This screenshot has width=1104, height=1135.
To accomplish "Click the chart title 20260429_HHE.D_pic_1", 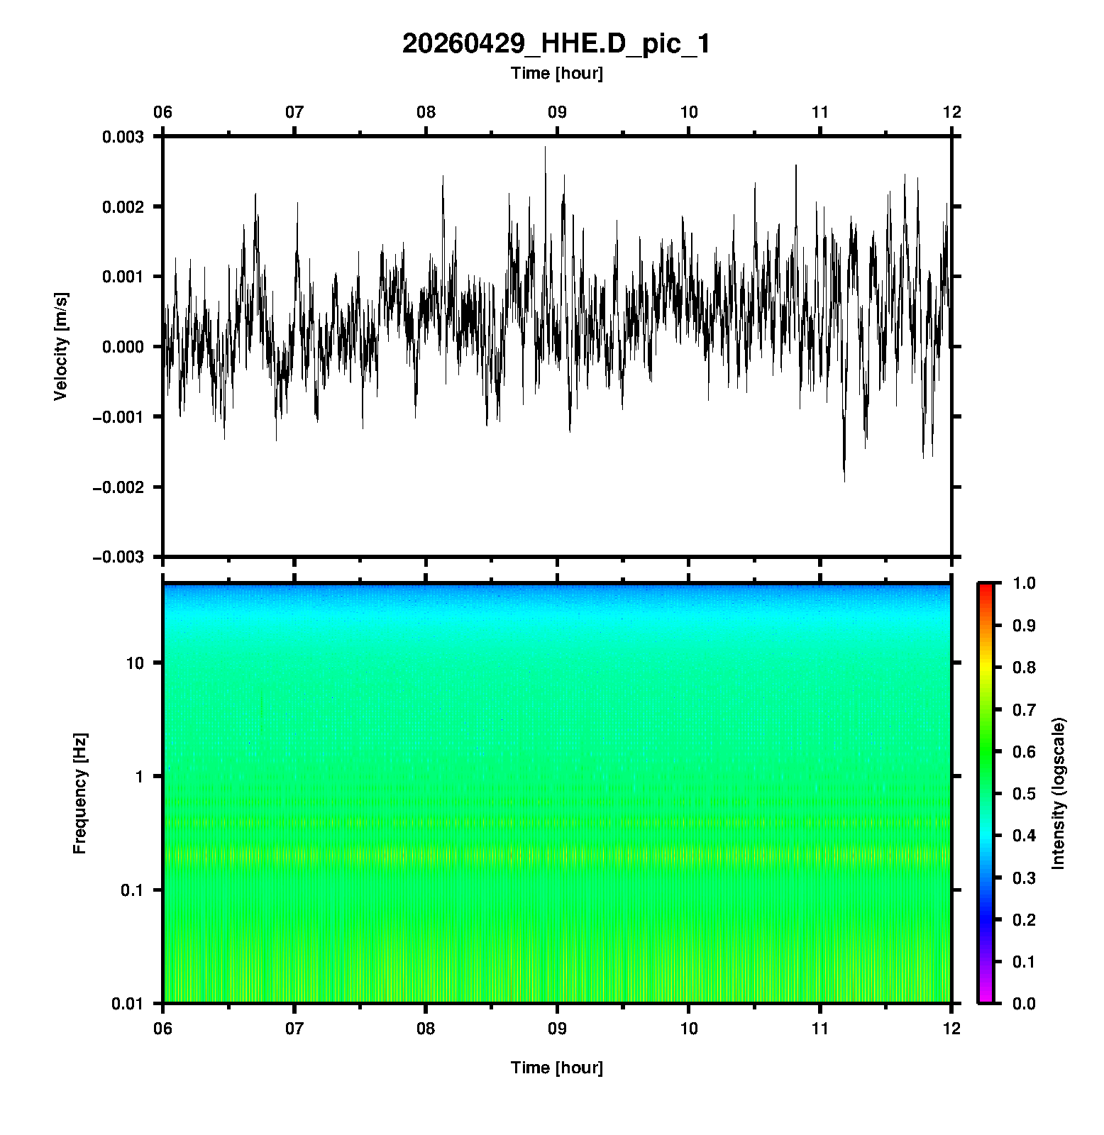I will pyautogui.click(x=556, y=44).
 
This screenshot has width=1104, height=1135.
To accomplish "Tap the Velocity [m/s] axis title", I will pyautogui.click(x=61, y=346).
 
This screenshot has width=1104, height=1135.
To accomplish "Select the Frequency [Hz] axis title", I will pyautogui.click(x=79, y=793).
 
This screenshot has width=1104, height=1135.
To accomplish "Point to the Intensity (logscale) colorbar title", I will pyautogui.click(x=1059, y=793).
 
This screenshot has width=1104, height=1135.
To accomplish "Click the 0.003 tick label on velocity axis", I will pyautogui.click(x=123, y=137).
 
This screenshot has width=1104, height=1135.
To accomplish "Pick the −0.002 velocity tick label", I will pyautogui.click(x=118, y=487).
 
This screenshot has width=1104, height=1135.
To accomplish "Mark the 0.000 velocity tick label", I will pyautogui.click(x=123, y=347).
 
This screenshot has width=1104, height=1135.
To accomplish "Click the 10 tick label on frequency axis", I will pyautogui.click(x=135, y=663).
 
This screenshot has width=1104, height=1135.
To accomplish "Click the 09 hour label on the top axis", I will pyautogui.click(x=557, y=112).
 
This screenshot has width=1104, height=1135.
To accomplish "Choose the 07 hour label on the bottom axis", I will pyautogui.click(x=294, y=1028).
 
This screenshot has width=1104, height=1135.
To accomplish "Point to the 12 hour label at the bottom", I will pyautogui.click(x=951, y=1028).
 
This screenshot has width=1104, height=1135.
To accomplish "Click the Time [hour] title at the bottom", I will pyautogui.click(x=556, y=1068).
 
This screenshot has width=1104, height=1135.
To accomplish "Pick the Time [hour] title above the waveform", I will pyautogui.click(x=556, y=73).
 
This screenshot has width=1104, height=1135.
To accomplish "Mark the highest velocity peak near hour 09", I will pyautogui.click(x=545, y=147).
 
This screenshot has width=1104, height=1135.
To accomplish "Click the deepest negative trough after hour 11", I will pyautogui.click(x=844, y=482).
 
